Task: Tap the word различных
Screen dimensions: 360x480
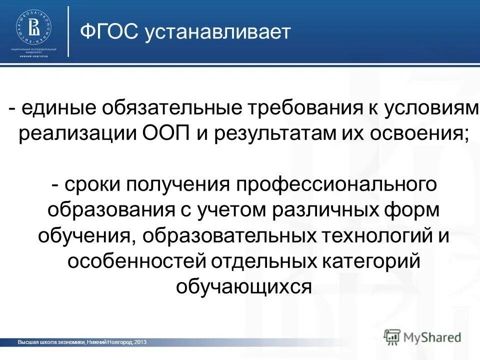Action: [328, 209]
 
